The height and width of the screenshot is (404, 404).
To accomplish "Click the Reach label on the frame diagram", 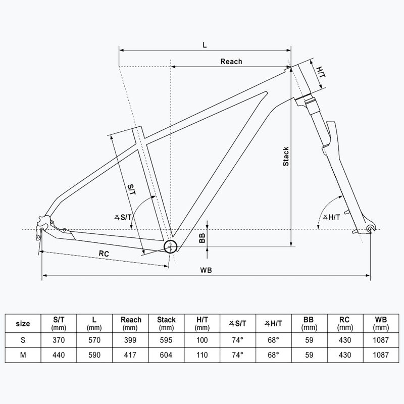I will [x=231, y=62].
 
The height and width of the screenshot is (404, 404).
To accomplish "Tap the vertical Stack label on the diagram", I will [x=285, y=157].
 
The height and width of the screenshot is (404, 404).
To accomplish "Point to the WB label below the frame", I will [x=206, y=270].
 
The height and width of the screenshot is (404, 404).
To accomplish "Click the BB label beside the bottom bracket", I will [x=202, y=238].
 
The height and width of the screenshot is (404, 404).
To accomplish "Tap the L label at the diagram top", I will [x=205, y=44].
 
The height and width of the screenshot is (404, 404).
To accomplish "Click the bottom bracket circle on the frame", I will [x=171, y=246].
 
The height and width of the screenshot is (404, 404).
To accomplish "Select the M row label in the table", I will [x=23, y=355].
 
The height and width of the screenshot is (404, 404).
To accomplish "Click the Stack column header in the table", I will [x=166, y=323].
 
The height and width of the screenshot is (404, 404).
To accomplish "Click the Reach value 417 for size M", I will [x=131, y=355].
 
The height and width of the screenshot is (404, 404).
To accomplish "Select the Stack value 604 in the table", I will [x=166, y=355].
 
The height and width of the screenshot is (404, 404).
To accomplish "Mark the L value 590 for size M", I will [x=95, y=355].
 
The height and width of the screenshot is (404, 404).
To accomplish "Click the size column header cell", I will [x=23, y=323].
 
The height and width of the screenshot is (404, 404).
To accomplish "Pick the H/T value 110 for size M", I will [x=202, y=355].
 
